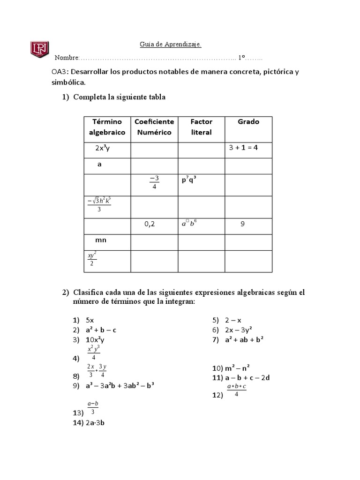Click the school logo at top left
coord(40,49)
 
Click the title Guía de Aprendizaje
coord(171,45)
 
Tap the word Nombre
coord(67,58)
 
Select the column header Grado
coord(248,122)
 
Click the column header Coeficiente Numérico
coord(154,127)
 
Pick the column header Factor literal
coord(201,127)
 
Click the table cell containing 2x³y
coord(102,149)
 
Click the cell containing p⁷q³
coord(189,179)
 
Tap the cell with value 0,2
coord(150,224)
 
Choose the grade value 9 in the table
coord(242,224)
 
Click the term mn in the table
coord(101,240)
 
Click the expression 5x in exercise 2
coord(90,320)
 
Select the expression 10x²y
coord(95,339)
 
